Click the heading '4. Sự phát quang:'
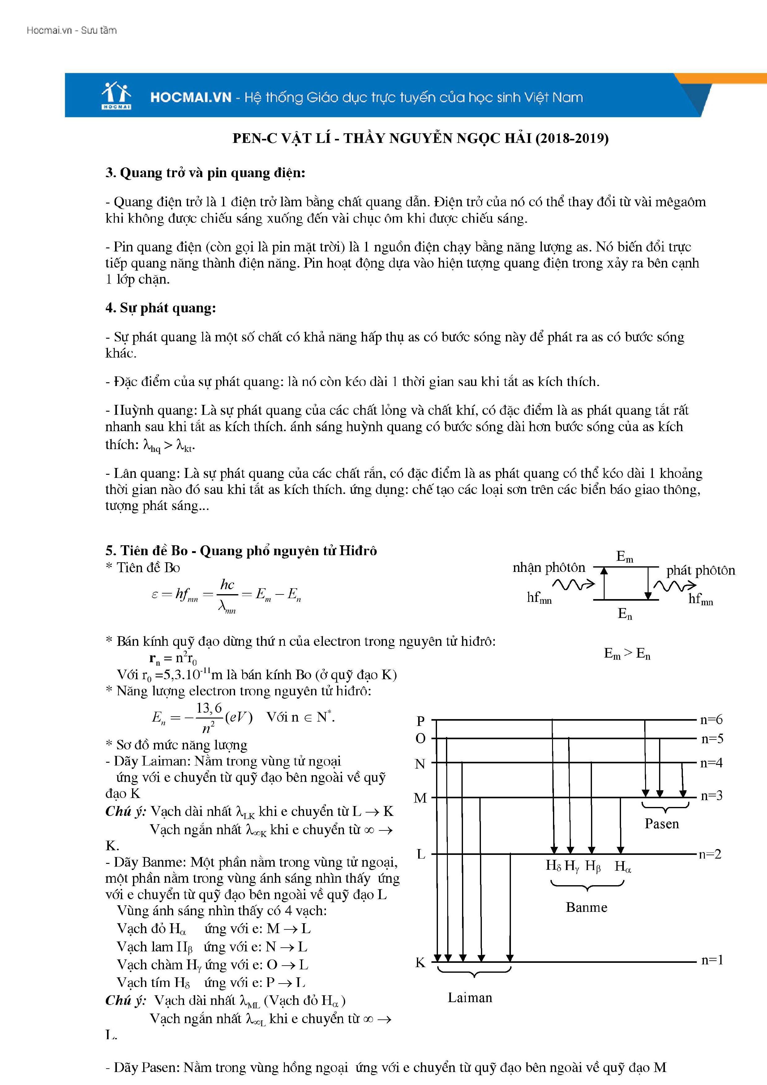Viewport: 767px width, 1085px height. point(161,308)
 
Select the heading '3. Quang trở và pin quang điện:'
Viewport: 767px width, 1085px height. point(205,173)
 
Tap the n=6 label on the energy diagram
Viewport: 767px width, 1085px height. point(711,720)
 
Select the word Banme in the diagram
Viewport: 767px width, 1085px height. point(586,907)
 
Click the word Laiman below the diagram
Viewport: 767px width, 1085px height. point(470,997)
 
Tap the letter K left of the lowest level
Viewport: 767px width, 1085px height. point(420,963)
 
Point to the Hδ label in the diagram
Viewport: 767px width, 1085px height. point(553,865)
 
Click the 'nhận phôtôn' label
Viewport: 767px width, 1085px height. point(549,568)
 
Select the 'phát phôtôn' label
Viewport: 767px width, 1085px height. point(701,570)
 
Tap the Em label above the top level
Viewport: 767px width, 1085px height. point(624,557)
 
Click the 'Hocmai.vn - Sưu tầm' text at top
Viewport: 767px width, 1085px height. point(71,30)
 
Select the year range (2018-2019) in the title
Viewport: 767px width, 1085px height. point(572,139)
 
